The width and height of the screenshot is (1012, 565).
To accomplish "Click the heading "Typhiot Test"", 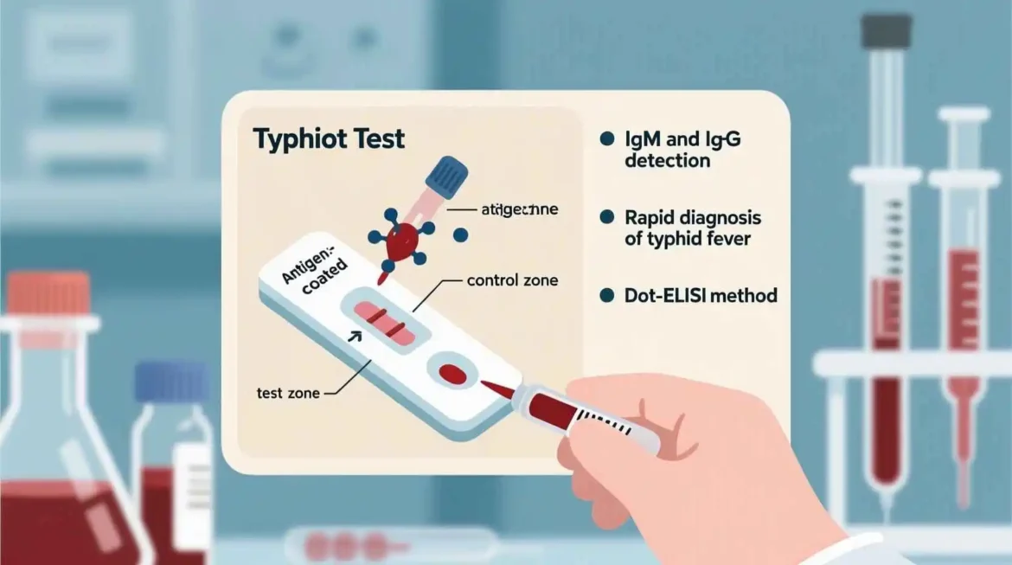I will coord(328,138).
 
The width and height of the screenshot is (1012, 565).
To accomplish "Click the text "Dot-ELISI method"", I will coord(701,296).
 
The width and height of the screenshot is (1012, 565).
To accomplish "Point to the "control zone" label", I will coord(512,280).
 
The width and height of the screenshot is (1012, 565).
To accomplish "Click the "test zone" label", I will coord(288,393).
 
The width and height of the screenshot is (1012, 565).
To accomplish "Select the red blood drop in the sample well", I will coord(452,374).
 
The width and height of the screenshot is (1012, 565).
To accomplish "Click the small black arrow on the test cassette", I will coord(354,337).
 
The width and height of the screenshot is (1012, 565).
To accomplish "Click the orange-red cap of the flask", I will coord(48,293).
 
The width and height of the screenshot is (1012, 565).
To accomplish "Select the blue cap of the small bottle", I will coord(171,382).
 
